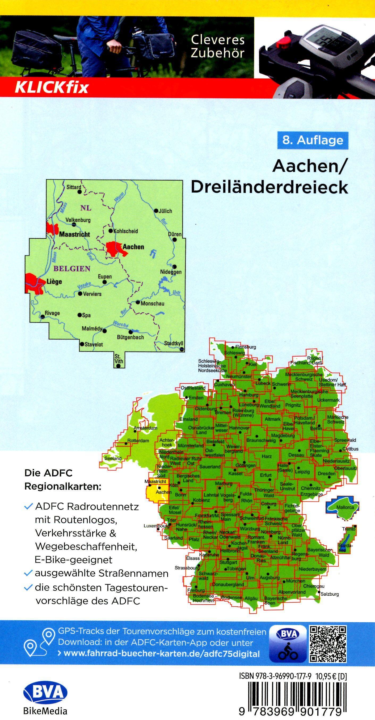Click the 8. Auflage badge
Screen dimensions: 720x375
click(313, 140)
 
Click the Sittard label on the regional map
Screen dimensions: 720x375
click(73, 187)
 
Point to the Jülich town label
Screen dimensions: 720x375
click(165, 211)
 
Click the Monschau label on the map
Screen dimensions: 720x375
click(152, 304)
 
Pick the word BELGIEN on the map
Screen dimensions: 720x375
click(72, 268)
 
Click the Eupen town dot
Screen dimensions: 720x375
click(105, 282)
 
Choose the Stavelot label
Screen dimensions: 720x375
click(94, 344)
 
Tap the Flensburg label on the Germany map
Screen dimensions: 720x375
click(246, 347)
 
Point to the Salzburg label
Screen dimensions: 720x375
click(330, 594)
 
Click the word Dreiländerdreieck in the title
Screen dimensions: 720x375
click(269, 187)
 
